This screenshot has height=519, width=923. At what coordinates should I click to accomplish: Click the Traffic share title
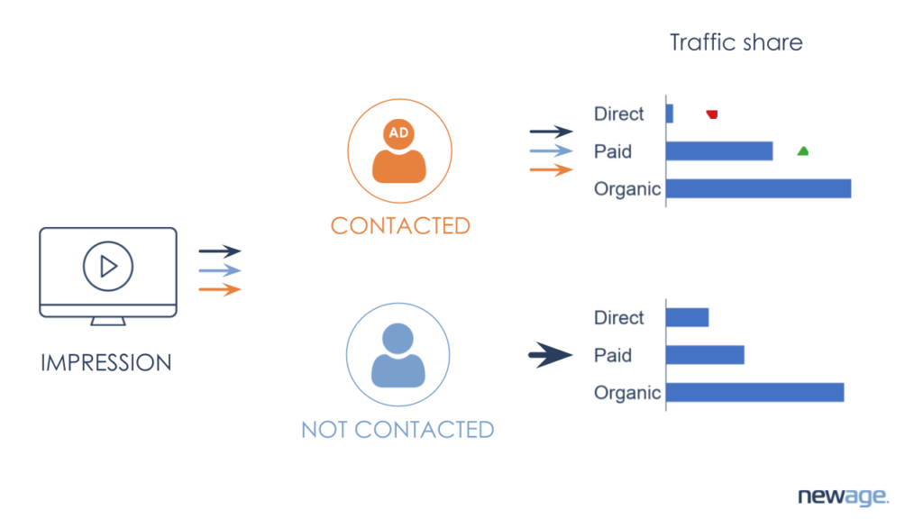pos(736,42)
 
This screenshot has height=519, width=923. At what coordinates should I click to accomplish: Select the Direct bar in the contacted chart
pos(670,114)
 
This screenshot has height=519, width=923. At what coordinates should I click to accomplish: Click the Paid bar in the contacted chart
pos(719,151)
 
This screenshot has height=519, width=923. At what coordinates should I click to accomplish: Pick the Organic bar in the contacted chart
pos(758,188)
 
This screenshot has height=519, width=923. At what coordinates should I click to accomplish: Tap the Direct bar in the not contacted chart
pos(687,317)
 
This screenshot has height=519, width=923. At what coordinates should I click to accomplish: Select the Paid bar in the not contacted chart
pos(705,355)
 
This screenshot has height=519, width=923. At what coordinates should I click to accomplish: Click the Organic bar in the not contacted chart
pos(754,392)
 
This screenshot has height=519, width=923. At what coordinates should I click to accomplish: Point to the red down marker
pos(712,114)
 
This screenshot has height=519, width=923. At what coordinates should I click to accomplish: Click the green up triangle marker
pos(802,151)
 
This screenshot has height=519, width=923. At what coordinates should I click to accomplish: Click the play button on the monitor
pos(108,266)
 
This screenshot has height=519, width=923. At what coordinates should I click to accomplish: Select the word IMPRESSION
pos(106,363)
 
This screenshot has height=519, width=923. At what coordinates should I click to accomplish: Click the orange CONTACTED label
pos(400,225)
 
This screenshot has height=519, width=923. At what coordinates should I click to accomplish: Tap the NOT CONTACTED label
pos(398,429)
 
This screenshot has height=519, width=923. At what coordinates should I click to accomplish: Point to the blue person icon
pos(398,355)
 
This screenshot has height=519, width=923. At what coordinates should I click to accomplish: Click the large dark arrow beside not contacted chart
pos(550,355)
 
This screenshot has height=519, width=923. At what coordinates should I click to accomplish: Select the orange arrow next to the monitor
pos(220,289)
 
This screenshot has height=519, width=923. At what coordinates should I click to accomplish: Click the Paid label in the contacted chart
pos(613,151)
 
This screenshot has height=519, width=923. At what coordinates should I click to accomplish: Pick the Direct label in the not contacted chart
pos(619,318)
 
